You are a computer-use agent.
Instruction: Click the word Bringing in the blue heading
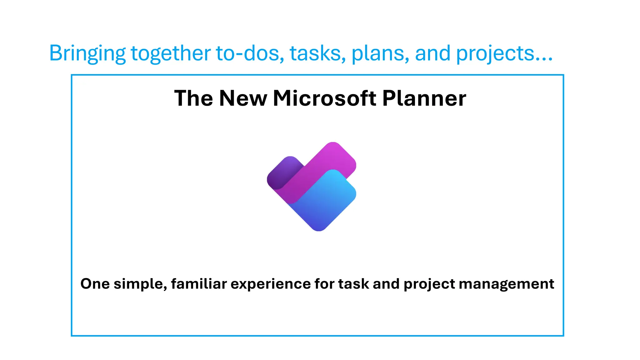tap(87, 53)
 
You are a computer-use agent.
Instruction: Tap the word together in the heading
tap(171, 53)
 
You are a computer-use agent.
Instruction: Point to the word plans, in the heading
tap(380, 53)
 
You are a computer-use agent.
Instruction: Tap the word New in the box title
tap(243, 98)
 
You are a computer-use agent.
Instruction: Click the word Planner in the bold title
tap(424, 98)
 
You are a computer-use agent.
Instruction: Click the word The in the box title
tap(193, 98)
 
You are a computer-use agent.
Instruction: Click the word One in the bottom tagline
tap(95, 284)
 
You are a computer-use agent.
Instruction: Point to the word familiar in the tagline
tap(199, 284)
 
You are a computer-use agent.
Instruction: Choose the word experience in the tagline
tap(271, 284)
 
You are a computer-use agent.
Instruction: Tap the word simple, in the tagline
tap(140, 284)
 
